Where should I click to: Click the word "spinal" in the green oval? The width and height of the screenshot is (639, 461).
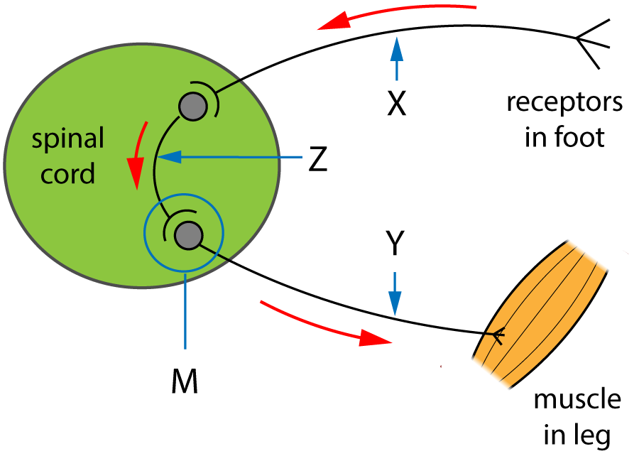(x=68, y=139)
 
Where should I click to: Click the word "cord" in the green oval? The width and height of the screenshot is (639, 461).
(x=68, y=174)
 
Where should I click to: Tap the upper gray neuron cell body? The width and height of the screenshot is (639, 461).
(x=192, y=107)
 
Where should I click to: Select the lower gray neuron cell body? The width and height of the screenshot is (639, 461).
(x=188, y=235)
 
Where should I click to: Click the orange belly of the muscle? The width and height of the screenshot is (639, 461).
(x=540, y=305)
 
